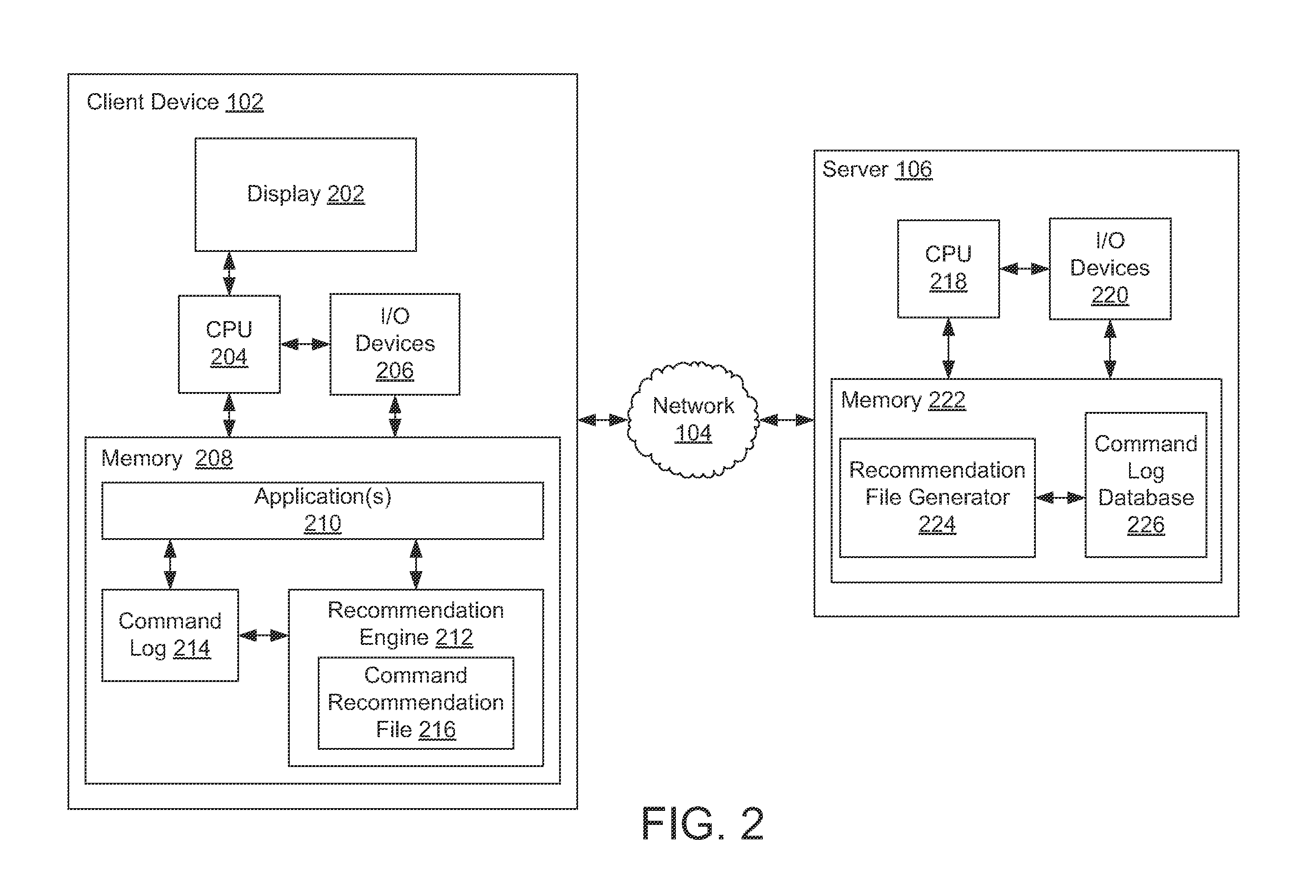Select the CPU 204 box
coord(229,344)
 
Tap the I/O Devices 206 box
coord(395,344)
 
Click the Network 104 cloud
coord(693,420)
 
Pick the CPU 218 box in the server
coord(948,269)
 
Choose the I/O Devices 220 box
coord(1110,269)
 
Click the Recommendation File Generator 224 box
coord(937,497)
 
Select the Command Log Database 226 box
coord(1146,485)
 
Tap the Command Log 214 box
coord(170,635)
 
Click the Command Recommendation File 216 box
coord(416,703)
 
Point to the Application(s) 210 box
coord(323,511)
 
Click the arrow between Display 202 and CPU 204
coord(229,273)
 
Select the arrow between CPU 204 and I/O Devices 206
coord(305,344)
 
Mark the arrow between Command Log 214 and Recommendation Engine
coord(264,635)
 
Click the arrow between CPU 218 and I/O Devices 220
coord(1024,269)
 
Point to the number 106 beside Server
coord(913,170)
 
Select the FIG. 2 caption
coord(703,824)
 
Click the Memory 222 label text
coord(903,400)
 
